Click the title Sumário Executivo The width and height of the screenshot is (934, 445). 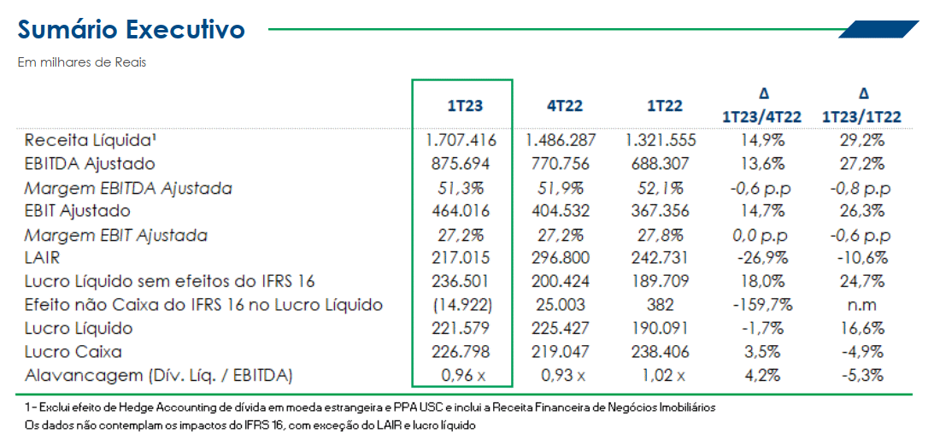[x=132, y=30]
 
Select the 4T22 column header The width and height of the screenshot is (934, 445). [x=565, y=106]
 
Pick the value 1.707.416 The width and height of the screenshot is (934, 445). [x=461, y=140]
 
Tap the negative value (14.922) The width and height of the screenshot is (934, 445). [x=461, y=305]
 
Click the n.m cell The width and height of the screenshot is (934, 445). [x=862, y=305]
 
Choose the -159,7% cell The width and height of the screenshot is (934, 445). [x=762, y=305]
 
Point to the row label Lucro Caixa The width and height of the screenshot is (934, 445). [x=73, y=351]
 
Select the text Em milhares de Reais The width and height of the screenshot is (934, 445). [x=82, y=62]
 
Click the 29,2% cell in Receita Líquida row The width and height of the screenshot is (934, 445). [x=862, y=140]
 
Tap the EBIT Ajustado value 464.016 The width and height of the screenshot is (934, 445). [x=461, y=210]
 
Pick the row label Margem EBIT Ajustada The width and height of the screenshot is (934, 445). [x=115, y=234]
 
